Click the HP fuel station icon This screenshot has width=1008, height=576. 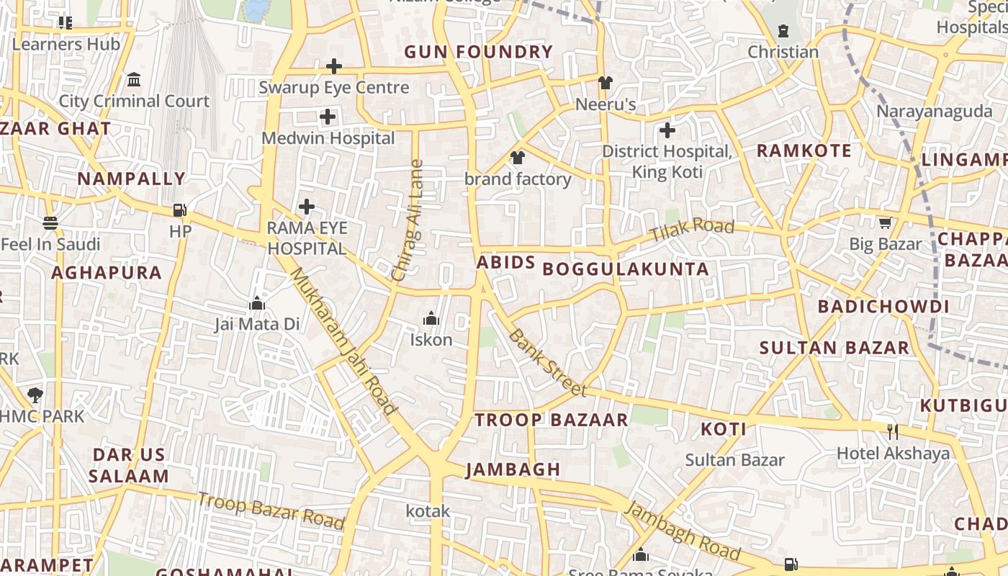pos(180,210)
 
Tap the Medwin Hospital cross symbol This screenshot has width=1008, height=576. pos(328,116)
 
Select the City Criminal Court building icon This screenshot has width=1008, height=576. pos(133,79)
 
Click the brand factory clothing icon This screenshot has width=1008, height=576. pos(517,157)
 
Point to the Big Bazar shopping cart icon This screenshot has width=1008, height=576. pos(885,222)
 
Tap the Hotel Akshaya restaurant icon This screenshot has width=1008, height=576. pos(893,431)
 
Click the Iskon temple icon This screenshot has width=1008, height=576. pos(431,318)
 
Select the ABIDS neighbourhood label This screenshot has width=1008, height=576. pos(505,262)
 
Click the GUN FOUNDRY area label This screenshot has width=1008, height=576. pos(478,52)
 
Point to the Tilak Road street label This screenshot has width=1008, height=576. pos(691,230)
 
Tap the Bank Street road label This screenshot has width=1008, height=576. pos(547,363)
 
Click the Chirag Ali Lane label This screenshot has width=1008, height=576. pos(408,220)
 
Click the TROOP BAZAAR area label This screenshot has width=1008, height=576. pos(551,420)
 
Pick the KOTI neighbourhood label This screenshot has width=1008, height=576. pos(723,430)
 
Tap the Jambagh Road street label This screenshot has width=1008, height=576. pos(681,531)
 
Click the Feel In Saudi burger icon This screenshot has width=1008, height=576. pos(50,223)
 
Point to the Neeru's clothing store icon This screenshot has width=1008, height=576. pos(605,82)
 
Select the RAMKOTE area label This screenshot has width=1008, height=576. pos(804,150)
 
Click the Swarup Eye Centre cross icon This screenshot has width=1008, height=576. pos(333,66)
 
